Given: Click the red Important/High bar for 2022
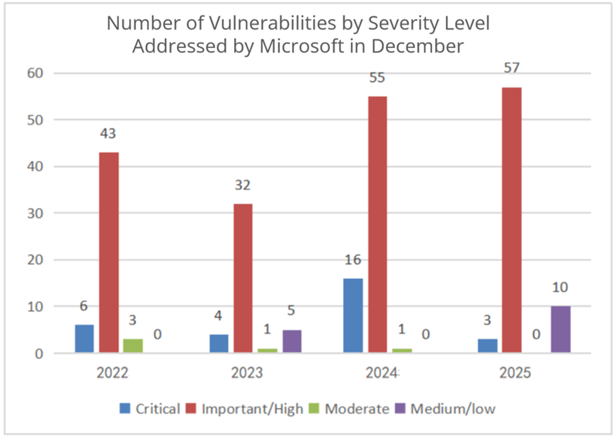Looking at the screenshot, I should (108, 252).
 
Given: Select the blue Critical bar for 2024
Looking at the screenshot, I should (352, 315).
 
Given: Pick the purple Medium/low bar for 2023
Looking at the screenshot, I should (291, 341).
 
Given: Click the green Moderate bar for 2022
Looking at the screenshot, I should (133, 345).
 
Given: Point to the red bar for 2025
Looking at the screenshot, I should (512, 220).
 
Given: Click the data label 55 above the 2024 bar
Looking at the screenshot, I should (377, 78).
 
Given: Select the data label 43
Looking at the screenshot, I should (108, 134).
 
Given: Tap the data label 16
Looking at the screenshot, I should (352, 260).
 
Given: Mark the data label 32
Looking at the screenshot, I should (243, 185).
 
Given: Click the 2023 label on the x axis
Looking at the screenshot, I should (246, 373).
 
